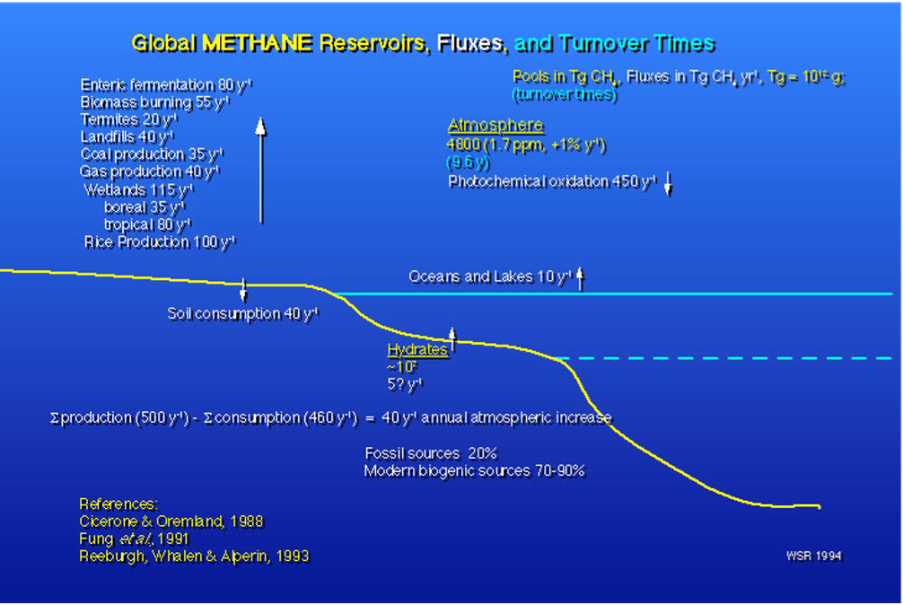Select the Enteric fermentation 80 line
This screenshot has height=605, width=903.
[x=166, y=85]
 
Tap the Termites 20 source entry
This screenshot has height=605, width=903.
[x=129, y=119]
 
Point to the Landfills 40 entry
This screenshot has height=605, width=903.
[x=127, y=136]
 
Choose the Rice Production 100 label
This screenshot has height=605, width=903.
[x=160, y=242]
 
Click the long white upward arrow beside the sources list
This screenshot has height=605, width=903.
[x=260, y=171]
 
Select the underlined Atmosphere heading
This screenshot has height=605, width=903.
[x=495, y=126]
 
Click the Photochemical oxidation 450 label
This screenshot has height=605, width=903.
[x=552, y=181]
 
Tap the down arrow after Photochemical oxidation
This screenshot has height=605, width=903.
[x=669, y=183]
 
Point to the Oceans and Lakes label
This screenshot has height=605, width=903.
[x=490, y=276]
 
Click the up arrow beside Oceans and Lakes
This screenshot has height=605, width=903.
[x=581, y=278]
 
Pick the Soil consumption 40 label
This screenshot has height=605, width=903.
[x=242, y=313]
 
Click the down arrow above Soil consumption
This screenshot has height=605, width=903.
[x=243, y=290]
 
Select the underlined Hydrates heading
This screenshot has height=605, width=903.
[x=416, y=350]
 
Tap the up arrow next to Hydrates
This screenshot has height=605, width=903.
[x=452, y=339]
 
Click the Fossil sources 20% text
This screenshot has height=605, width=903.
[x=430, y=453]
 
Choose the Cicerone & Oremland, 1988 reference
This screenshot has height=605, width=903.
[x=171, y=522]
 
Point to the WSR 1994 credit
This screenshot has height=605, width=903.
[x=813, y=556]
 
